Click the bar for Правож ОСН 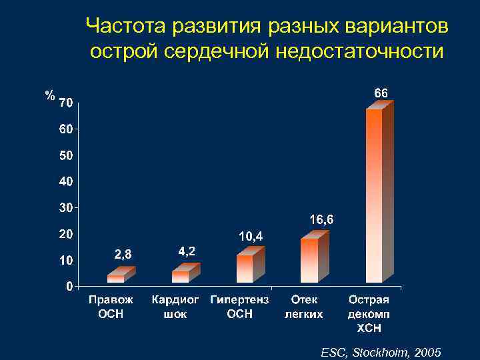coord(116,279)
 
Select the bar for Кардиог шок coord(181,276)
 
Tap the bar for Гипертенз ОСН coord(245,268)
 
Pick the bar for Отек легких coord(309,260)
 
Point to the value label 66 coord(380,93)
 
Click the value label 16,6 coord(322,219)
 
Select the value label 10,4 coord(251,236)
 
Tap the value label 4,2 coord(187,251)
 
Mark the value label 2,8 coord(123,254)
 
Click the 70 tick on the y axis coord(65,103)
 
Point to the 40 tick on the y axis coord(65,181)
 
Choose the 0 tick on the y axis coord(69,286)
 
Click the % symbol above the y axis coord(49,95)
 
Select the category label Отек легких coord(304,307)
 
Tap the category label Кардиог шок coord(175,307)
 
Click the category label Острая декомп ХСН coord(369,314)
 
